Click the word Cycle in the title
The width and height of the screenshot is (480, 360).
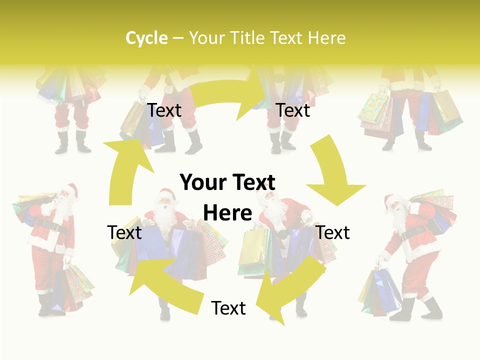[x=146, y=38]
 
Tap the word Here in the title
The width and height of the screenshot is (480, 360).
[x=327, y=38]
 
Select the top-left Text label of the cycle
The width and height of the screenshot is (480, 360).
[x=164, y=110]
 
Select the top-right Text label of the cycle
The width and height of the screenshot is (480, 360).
[x=293, y=110]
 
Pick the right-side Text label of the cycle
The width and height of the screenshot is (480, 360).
[x=333, y=232]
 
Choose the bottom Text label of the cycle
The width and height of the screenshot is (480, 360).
[x=228, y=308]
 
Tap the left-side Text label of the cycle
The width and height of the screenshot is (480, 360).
[x=124, y=232]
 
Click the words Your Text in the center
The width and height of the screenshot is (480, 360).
[x=227, y=183]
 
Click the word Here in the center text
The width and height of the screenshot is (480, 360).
[x=227, y=213]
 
